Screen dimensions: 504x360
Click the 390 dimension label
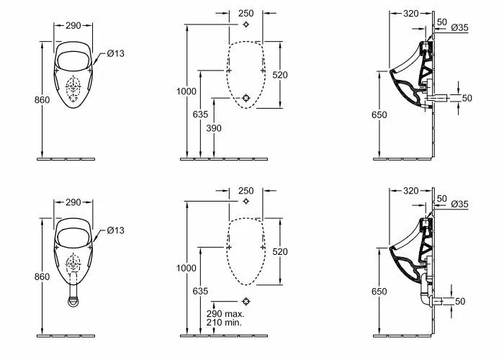tap(214, 128)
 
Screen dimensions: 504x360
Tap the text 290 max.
tap(225, 314)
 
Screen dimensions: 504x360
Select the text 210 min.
tap(224, 323)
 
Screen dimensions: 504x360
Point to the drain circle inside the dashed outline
tap(246, 98)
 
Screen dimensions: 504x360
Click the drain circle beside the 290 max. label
tap(246, 301)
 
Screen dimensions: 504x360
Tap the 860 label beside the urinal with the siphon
tap(42, 276)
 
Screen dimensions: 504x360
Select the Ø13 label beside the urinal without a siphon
tap(115, 53)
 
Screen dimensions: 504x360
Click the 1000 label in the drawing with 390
tap(186, 91)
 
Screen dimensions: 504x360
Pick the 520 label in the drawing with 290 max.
tap(280, 252)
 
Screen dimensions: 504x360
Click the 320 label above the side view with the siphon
tap(411, 191)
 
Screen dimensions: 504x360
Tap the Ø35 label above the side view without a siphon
tap(459, 27)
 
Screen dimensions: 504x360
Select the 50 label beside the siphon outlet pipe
tap(460, 301)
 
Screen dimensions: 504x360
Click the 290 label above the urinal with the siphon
tap(73, 202)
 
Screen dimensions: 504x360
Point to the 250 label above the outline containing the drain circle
tap(246, 13)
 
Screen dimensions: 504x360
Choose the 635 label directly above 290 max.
tap(201, 291)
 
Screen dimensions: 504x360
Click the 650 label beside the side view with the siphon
tap(379, 292)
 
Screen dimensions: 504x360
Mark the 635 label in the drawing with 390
tap(201, 114)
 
